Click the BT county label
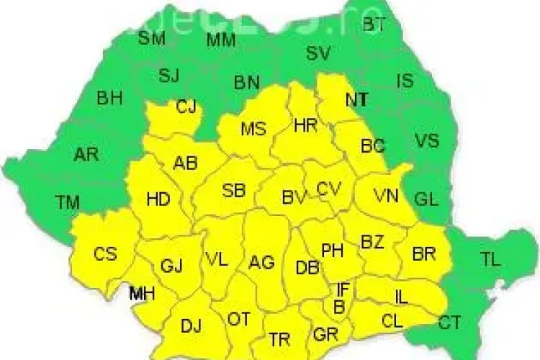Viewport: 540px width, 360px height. [374, 24]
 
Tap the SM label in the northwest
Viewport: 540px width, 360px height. [151, 38]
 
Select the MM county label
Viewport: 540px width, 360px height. [221, 40]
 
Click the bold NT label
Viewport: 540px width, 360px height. [356, 100]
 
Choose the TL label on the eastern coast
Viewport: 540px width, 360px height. [490, 260]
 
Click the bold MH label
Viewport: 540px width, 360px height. [141, 293]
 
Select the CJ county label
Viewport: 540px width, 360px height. [186, 107]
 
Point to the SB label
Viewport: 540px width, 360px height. [233, 191]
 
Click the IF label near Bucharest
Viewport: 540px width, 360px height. [343, 289]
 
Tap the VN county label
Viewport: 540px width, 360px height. [386, 195]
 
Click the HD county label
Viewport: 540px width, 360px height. [158, 199]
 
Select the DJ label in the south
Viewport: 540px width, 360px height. [191, 326]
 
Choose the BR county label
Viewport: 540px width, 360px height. [423, 253]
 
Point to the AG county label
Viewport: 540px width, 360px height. [261, 263]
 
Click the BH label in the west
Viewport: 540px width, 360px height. [109, 98]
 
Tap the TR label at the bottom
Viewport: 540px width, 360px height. [279, 338]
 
